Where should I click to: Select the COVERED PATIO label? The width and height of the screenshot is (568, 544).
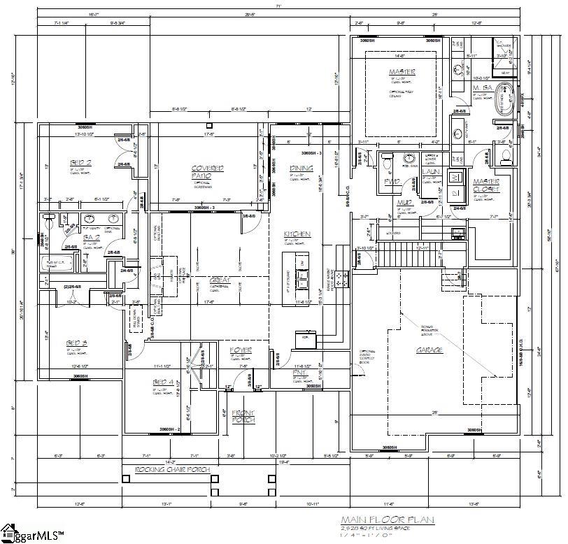click(208, 172)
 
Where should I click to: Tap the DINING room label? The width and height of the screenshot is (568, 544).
click(301, 169)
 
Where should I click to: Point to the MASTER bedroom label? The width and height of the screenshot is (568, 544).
click(402, 72)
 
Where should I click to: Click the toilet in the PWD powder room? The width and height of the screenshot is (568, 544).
click(390, 162)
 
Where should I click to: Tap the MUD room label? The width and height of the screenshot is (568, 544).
click(403, 203)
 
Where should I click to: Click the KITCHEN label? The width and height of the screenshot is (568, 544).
click(297, 234)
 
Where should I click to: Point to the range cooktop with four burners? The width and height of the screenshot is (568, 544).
click(341, 278)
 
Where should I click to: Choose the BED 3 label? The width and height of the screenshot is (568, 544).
click(76, 343)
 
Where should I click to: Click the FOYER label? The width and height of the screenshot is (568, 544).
click(240, 350)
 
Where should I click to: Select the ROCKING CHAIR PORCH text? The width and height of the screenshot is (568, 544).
click(169, 469)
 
